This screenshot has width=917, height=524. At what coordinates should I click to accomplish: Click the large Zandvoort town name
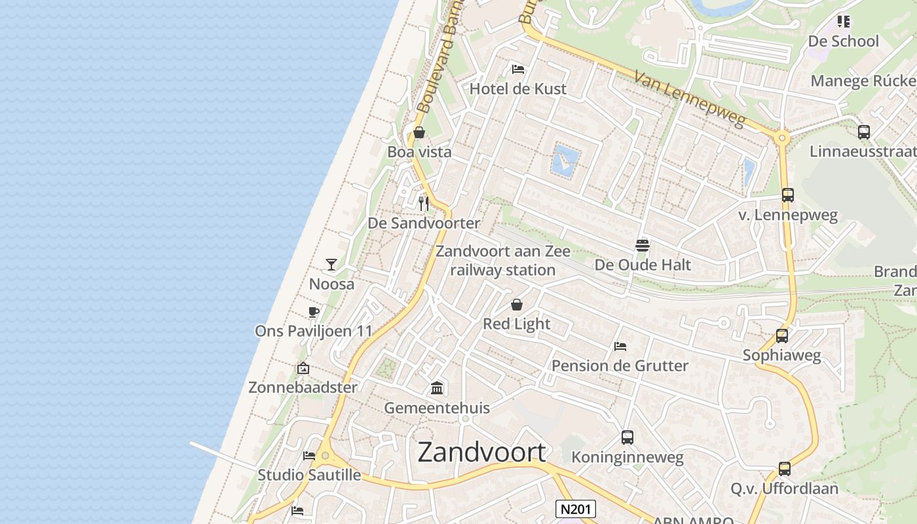click(x=481, y=453)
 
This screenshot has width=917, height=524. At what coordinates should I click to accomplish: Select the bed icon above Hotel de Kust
click(x=518, y=69)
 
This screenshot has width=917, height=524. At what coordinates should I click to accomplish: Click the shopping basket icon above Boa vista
click(x=419, y=133)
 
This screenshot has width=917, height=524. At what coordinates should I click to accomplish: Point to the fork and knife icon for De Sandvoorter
click(x=424, y=203)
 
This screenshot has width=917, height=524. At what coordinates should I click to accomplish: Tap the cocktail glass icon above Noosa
click(x=331, y=265)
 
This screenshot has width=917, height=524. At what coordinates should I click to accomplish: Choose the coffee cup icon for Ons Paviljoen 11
click(x=313, y=312)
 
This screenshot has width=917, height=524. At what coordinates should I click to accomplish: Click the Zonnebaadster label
click(x=303, y=387)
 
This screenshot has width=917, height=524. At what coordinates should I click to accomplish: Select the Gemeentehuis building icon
click(x=437, y=388)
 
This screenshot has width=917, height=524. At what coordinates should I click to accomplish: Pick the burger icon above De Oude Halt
click(x=643, y=246)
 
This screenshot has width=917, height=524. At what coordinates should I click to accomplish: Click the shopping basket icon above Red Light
click(x=517, y=305)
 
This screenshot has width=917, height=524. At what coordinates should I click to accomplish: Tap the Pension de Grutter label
click(x=620, y=365)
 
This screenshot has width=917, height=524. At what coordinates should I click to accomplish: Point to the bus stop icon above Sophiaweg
click(x=781, y=336)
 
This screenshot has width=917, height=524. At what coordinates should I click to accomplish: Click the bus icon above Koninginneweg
click(x=627, y=438)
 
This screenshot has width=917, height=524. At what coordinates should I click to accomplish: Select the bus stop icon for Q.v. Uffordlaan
click(x=785, y=469)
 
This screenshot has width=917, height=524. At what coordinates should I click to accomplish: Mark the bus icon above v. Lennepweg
click(x=788, y=195)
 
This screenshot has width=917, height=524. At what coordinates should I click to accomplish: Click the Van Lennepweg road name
click(x=690, y=99)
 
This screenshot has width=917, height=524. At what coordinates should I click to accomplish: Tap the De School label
click(x=843, y=41)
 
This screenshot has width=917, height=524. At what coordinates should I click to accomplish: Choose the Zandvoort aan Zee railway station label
click(x=503, y=261)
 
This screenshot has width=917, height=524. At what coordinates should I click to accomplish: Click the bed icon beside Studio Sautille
click(x=309, y=456)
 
